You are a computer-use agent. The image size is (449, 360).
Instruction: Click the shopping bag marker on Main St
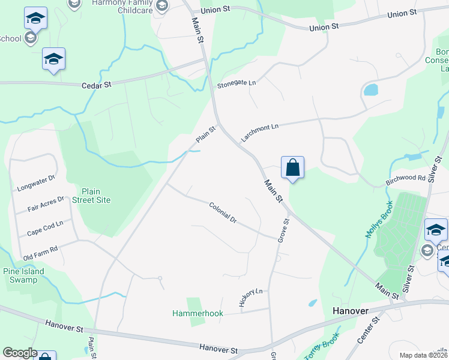[x=292, y=167]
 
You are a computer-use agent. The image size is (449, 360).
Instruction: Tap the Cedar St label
[x=97, y=85]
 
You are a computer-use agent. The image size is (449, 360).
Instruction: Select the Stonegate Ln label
[x=237, y=83]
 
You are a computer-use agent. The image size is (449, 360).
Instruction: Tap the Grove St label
[x=283, y=230]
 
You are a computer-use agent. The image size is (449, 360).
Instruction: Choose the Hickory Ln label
[x=251, y=298]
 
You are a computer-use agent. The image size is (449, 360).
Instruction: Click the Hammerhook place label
[x=197, y=313]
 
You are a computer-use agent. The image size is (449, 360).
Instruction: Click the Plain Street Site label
[x=91, y=196]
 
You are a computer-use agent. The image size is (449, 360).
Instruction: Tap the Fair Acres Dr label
[x=46, y=203]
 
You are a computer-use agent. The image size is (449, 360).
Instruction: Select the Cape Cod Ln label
[x=45, y=228]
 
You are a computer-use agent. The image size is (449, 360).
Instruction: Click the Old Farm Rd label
[x=41, y=253]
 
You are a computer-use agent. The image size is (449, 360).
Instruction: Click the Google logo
[x=20, y=353]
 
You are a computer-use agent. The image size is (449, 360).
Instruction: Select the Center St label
[x=369, y=330]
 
